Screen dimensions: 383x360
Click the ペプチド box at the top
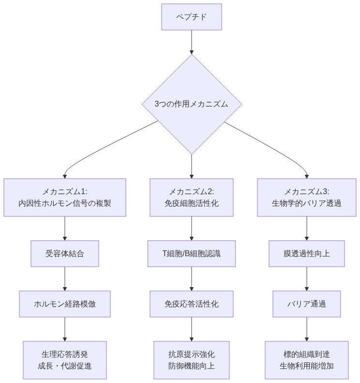tap(192, 17)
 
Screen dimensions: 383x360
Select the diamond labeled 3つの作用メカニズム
tap(192, 104)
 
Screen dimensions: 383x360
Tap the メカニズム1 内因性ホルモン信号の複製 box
tap(65, 197)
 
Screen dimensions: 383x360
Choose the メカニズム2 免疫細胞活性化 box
tap(192, 197)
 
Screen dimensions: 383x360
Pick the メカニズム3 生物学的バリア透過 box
tap(307, 197)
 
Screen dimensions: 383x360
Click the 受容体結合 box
tap(65, 253)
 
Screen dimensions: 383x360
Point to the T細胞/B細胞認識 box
tap(192, 253)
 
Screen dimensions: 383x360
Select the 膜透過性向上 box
tap(307, 253)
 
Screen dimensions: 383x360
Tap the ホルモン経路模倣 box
tap(65, 304)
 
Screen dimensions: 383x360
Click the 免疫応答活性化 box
tap(192, 304)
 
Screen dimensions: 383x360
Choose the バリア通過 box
tap(307, 304)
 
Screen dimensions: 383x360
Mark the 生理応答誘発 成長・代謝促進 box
tap(65, 360)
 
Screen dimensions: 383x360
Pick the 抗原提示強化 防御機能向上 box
tap(192, 360)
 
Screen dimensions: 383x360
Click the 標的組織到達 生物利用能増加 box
tap(307, 360)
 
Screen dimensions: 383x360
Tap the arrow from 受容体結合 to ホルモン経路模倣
tap(65, 278)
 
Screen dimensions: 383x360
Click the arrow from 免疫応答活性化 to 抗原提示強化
tap(192, 329)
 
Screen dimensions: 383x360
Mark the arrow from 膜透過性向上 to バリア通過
tap(307, 278)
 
